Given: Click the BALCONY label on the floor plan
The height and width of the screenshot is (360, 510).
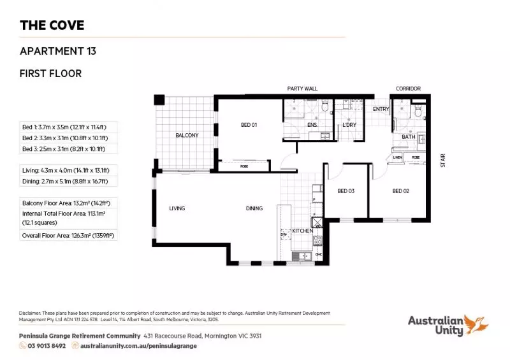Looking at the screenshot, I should pyautogui.click(x=187, y=135).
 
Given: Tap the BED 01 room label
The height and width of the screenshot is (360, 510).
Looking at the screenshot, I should pyautogui.click(x=249, y=125).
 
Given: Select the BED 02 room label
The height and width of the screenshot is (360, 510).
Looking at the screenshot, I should pyautogui.click(x=400, y=191).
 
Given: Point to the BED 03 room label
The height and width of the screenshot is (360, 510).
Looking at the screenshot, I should pyautogui.click(x=346, y=191).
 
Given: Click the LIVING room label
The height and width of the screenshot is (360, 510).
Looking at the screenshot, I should pyautogui.click(x=177, y=208).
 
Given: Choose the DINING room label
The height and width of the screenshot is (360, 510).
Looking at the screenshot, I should pyautogui.click(x=255, y=208).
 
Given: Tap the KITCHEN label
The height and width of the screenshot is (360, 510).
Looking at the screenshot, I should pyautogui.click(x=302, y=231).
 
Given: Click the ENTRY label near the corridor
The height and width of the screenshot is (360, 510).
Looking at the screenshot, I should pyautogui.click(x=381, y=109).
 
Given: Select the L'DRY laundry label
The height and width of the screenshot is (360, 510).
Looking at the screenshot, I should pyautogui.click(x=349, y=125).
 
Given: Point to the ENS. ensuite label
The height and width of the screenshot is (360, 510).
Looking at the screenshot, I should pyautogui.click(x=312, y=125).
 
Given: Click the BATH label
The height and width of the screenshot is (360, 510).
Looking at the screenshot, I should pyautogui.click(x=408, y=137).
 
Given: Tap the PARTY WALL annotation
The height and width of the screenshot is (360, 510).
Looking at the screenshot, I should pyautogui.click(x=302, y=89).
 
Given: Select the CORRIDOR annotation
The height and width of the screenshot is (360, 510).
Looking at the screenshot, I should pyautogui.click(x=408, y=89).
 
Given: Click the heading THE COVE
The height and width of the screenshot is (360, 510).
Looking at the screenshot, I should pyautogui.click(x=52, y=26).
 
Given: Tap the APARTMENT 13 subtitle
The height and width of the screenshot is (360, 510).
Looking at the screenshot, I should pyautogui.click(x=58, y=51).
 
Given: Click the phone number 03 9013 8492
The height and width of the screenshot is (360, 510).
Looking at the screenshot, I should pyautogui.click(x=47, y=346).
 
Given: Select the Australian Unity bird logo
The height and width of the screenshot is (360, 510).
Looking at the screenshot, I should pyautogui.click(x=476, y=324).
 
